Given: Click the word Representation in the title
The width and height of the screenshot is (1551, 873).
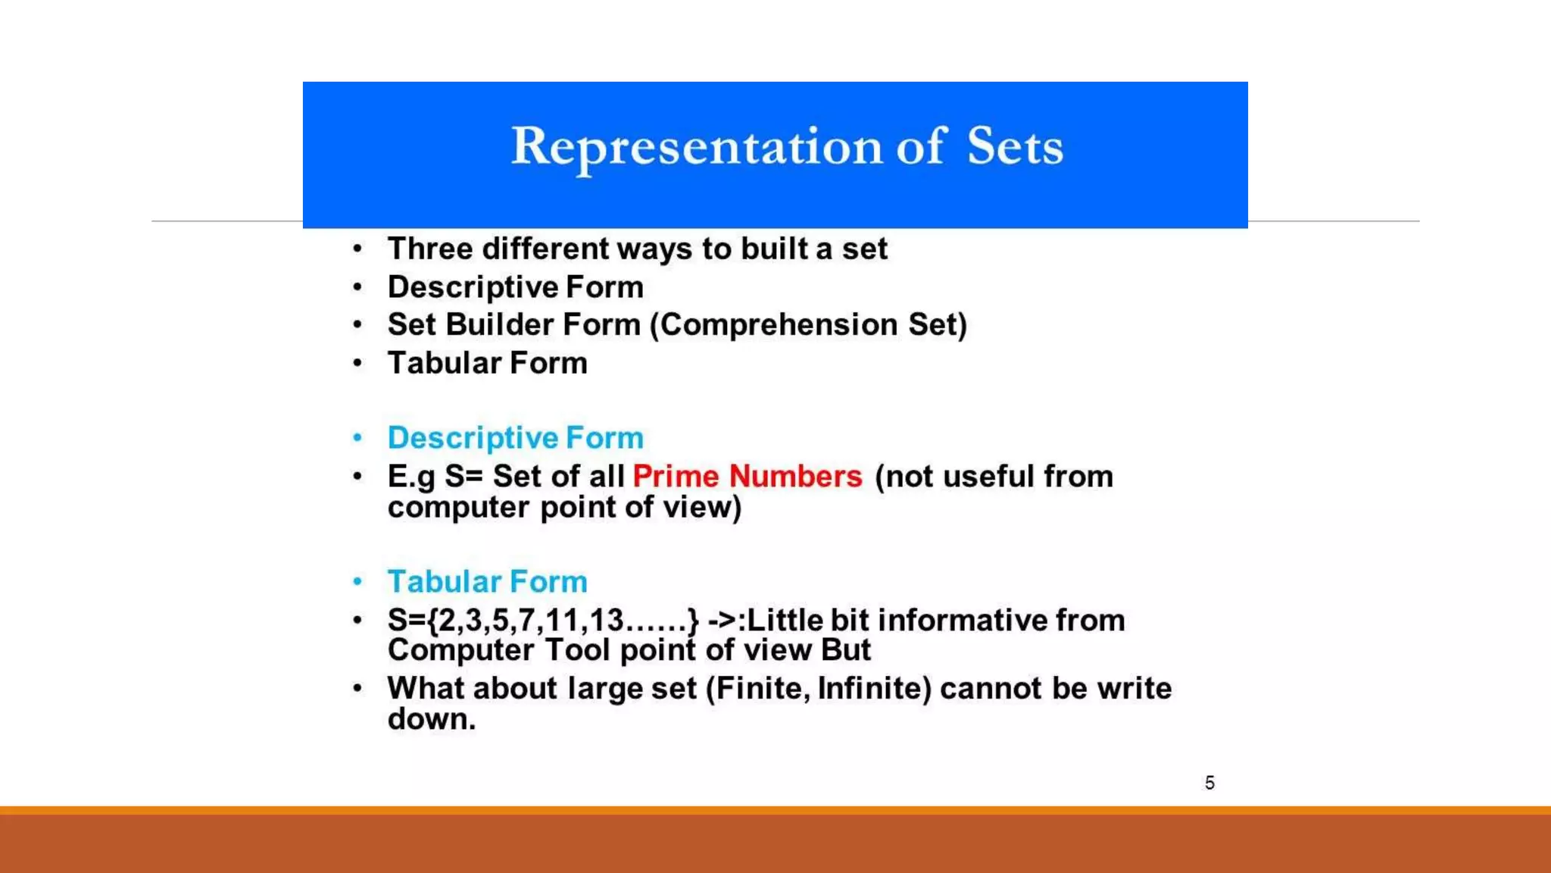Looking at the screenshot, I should (697, 147).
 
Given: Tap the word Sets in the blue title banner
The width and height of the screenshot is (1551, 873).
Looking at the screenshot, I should (1015, 147).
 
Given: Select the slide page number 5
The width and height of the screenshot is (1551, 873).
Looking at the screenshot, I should (1209, 783).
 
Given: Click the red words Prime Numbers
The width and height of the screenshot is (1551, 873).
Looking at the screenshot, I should (747, 477).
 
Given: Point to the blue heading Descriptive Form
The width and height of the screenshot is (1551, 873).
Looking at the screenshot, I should (515, 438).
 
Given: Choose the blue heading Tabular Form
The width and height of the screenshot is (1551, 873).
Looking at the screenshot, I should (487, 582).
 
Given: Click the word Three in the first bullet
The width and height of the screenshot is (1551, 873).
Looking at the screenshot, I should (429, 249).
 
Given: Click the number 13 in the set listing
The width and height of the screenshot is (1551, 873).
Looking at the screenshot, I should (606, 621).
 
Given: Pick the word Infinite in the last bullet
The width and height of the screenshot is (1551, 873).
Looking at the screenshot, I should (874, 689).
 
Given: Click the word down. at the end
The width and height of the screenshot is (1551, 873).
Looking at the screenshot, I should (431, 719).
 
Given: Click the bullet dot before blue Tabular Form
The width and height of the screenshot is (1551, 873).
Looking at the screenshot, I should (357, 582).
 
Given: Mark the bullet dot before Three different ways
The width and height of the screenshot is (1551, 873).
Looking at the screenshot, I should (357, 249).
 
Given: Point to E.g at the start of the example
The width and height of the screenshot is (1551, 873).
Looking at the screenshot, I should (411, 477).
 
